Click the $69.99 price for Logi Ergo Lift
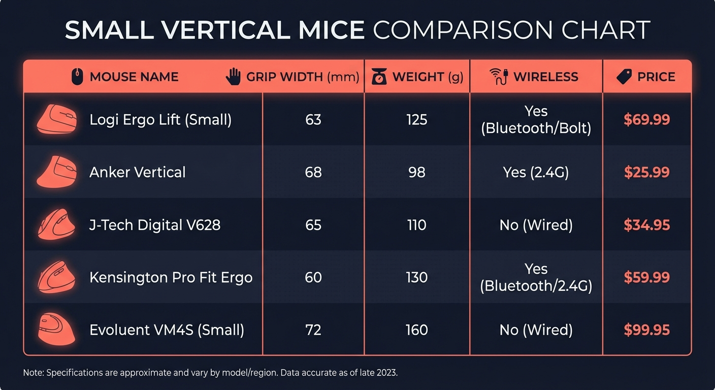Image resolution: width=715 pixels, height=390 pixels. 646,120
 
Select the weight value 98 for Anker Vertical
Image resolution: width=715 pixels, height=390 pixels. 416,172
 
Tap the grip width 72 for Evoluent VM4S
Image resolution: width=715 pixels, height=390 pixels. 313,330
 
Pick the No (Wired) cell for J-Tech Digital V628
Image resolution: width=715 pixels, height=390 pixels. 536,225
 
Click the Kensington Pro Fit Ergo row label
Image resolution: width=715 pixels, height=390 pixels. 171,277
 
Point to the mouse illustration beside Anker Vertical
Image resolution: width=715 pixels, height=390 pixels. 56,172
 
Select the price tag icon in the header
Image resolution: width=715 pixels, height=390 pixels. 624,77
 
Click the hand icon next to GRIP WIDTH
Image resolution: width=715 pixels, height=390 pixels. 233,77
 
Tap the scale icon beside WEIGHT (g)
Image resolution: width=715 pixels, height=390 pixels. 379,77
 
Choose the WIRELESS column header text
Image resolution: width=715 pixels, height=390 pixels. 545,77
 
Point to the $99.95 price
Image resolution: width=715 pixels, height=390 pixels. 646,330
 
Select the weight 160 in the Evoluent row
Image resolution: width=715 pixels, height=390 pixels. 416,330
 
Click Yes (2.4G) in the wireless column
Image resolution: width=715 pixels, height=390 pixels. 536,172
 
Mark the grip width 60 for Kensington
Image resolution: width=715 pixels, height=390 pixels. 313,277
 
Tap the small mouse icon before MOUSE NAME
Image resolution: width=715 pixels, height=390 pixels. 77,77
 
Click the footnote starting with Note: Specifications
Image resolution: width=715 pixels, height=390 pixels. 210,373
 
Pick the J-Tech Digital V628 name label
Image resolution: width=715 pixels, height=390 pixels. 155,225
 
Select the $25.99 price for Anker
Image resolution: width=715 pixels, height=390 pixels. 646,172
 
